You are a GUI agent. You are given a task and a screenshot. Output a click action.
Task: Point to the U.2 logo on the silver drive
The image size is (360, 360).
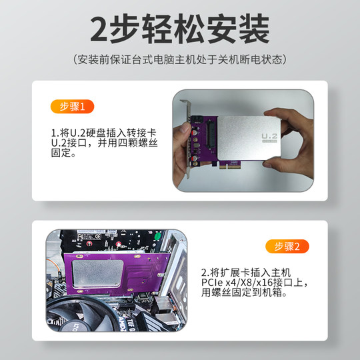click(x=270, y=138)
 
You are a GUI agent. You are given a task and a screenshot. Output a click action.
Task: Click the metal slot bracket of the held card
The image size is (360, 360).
click(x=188, y=143)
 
